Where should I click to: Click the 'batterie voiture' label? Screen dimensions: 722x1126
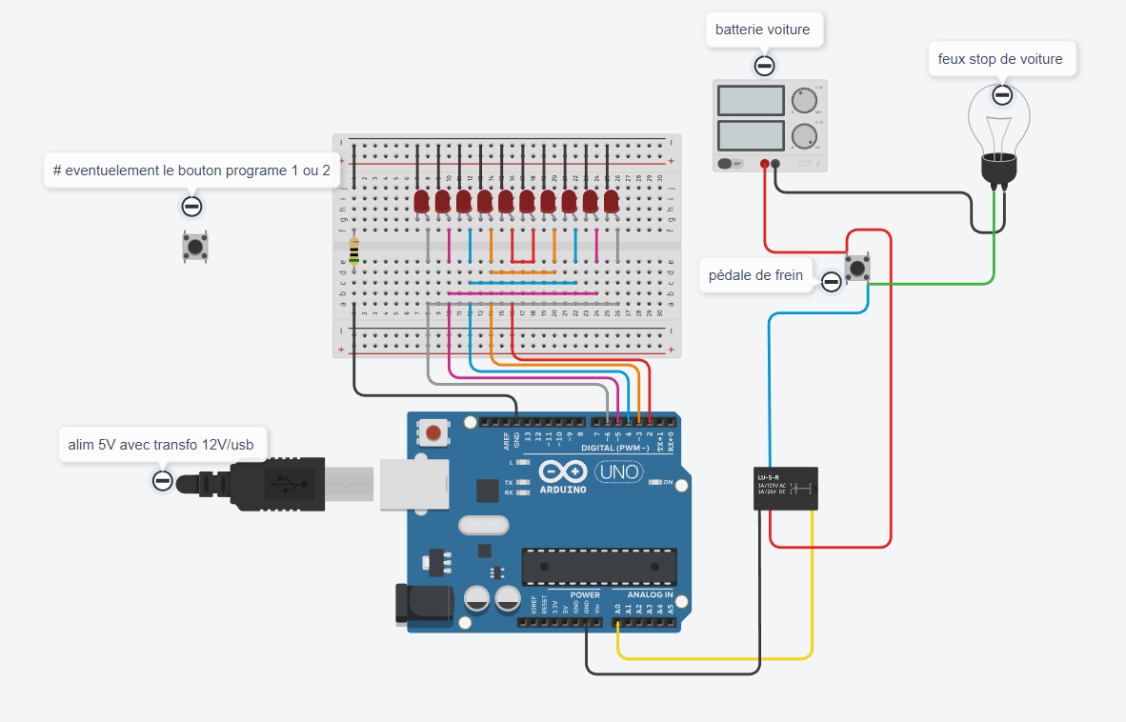pos(763,30)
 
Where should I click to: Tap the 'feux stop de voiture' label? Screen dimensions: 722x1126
pos(1000,59)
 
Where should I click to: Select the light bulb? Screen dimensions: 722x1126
pos(999,133)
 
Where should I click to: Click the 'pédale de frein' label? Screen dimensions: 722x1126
pos(755,276)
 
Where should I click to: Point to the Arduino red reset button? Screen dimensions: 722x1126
pos(433,434)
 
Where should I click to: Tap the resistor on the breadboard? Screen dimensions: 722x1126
pos(354,250)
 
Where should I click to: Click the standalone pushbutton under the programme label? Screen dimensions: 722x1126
pos(195,247)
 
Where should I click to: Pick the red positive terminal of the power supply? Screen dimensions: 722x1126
pos(764,164)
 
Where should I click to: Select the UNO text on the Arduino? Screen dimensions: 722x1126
pos(618,471)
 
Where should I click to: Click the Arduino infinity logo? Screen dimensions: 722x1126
pos(563,471)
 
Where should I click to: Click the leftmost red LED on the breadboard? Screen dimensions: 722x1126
pos(422,201)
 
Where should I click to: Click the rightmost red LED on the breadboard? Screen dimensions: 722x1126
pos(611,201)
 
